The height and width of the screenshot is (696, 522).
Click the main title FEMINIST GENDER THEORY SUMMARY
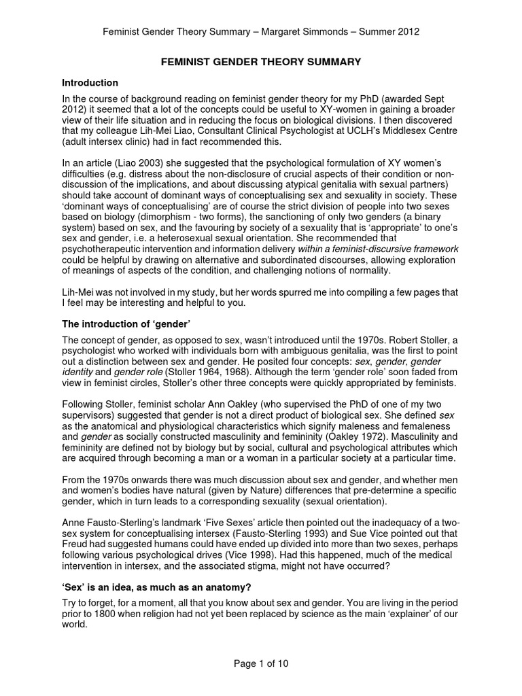pyautogui.click(x=260, y=62)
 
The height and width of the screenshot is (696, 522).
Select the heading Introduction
pyautogui.click(x=90, y=83)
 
